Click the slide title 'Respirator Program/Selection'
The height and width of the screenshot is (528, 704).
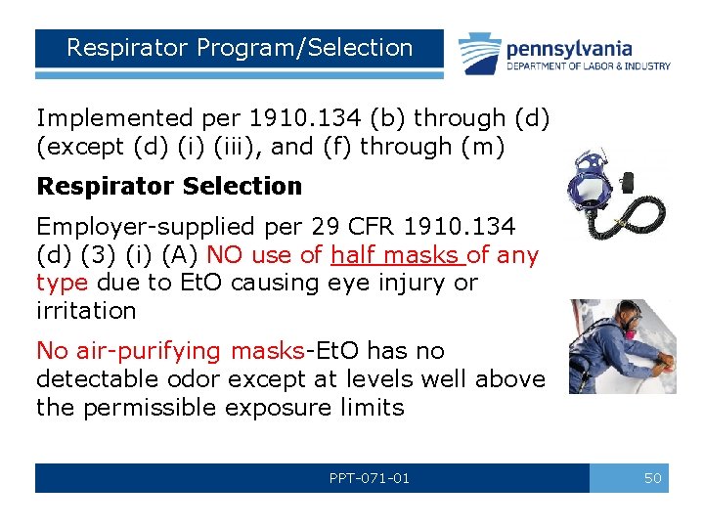240,48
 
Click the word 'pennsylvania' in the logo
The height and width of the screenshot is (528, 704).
568,48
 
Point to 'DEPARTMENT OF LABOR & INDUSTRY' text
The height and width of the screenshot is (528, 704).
588,66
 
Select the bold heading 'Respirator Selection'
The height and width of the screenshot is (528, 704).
169,186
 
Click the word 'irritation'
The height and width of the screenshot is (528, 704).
86,310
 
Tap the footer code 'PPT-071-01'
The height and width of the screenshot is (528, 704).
370,478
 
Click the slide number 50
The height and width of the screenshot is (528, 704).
652,478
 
